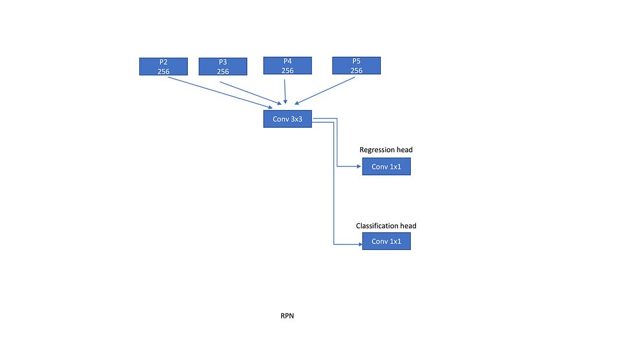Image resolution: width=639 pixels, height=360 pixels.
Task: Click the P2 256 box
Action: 164,67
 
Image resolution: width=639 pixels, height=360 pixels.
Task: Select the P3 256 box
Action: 223,67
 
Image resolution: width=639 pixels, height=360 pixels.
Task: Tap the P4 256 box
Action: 288,66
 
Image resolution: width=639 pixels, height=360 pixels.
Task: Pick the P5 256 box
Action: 357,66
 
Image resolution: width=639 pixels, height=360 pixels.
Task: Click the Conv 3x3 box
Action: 288,119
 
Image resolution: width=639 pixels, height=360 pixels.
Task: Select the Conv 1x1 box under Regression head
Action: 387,166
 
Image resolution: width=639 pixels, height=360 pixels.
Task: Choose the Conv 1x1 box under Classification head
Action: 387,241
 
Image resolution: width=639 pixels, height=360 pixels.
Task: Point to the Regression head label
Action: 386,150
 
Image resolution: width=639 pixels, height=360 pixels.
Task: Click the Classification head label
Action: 386,226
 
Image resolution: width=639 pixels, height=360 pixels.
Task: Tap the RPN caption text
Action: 288,316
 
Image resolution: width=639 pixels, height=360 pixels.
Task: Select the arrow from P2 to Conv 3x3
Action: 220,93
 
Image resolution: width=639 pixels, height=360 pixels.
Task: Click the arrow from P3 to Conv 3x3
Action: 250,93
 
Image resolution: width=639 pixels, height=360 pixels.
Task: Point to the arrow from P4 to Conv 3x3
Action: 285,91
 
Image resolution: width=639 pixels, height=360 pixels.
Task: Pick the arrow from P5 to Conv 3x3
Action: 325,91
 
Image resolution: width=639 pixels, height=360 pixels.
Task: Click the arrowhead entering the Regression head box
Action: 359,166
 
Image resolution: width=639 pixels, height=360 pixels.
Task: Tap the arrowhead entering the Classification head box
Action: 360,245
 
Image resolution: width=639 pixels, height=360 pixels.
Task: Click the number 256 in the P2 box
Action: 164,72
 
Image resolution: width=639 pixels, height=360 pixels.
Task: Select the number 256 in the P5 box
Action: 357,70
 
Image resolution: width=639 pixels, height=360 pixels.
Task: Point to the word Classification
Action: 378,226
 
